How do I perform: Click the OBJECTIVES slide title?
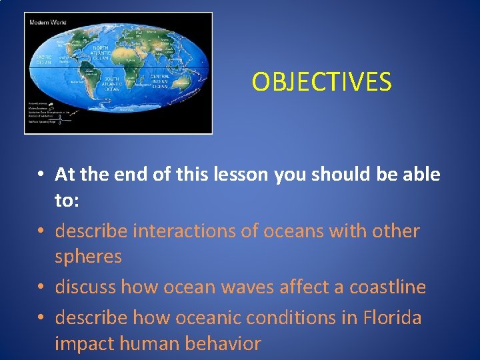tap(321, 82)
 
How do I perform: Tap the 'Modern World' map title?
tap(47, 23)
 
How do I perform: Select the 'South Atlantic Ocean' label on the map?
tap(112, 83)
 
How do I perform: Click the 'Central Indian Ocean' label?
tap(160, 81)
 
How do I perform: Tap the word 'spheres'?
tap(88, 257)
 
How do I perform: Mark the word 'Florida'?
tap(393, 318)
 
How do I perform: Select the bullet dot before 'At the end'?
tap(41, 175)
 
